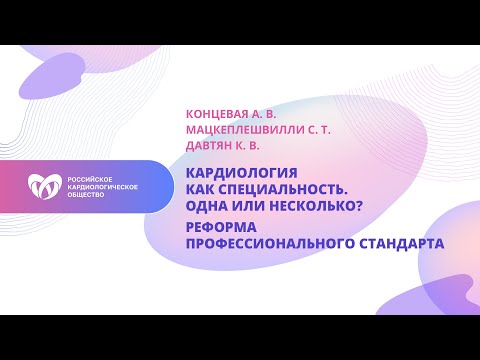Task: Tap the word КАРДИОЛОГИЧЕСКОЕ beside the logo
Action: (100, 186)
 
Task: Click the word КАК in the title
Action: (201, 186)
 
